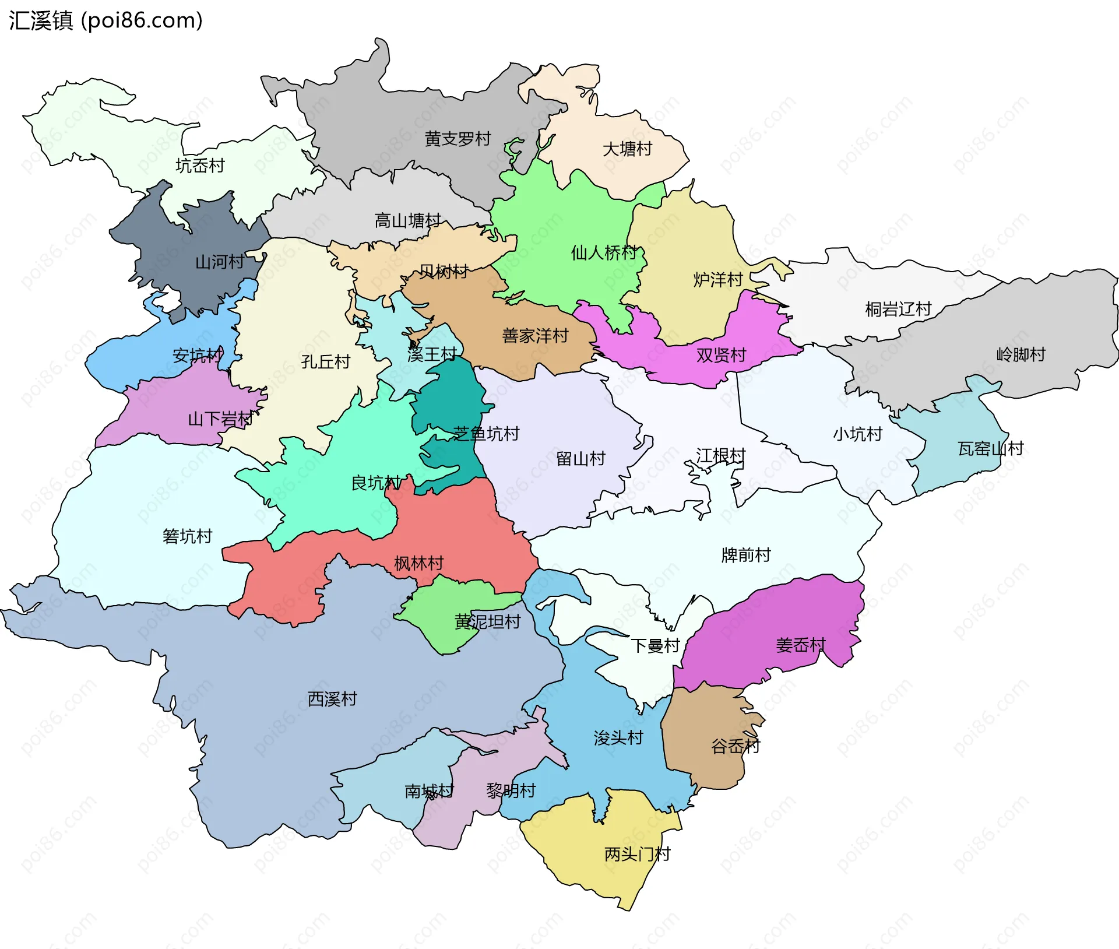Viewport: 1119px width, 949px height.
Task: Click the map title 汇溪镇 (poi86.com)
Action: tap(105, 20)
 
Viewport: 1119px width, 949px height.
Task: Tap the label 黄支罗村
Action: tap(458, 139)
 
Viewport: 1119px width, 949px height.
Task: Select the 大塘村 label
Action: tap(627, 149)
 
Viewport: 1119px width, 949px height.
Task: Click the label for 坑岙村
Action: tap(200, 166)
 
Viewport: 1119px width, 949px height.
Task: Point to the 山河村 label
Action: tap(219, 262)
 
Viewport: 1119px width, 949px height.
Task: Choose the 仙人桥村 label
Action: tap(604, 253)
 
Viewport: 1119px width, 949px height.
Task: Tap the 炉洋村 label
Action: tap(718, 280)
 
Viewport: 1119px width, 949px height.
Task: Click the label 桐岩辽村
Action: tap(898, 310)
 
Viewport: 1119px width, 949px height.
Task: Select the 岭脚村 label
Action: tap(1021, 354)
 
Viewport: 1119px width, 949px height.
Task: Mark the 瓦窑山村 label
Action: tap(991, 449)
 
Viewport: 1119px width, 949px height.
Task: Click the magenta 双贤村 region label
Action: tap(721, 356)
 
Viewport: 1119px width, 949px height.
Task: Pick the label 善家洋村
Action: tap(535, 336)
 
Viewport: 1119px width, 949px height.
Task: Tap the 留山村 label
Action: tap(580, 459)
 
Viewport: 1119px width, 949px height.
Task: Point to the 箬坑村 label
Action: tap(187, 536)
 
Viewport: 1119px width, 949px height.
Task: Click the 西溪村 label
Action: tap(332, 699)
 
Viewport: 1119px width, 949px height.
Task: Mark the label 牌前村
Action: tap(746, 555)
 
